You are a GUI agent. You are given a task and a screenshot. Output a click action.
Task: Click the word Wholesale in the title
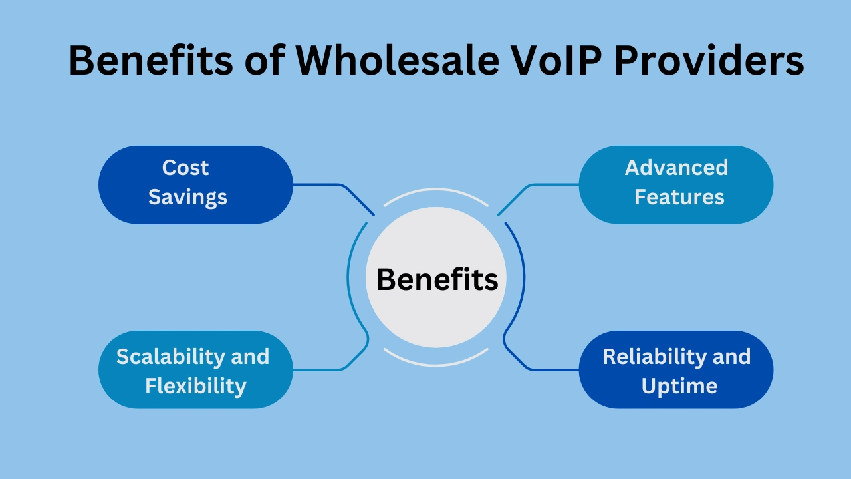397,61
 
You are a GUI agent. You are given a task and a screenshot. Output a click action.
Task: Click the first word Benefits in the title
151,61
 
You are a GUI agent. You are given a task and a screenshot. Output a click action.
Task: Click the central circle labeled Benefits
437,279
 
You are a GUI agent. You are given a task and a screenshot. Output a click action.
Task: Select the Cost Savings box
195,184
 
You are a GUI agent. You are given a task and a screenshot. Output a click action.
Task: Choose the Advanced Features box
676,184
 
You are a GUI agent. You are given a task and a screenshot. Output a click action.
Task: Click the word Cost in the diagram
185,168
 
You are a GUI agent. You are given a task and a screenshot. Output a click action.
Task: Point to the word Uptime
679,386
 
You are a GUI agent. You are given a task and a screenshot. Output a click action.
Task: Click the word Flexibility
195,386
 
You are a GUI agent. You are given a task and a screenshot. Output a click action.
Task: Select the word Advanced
676,168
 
